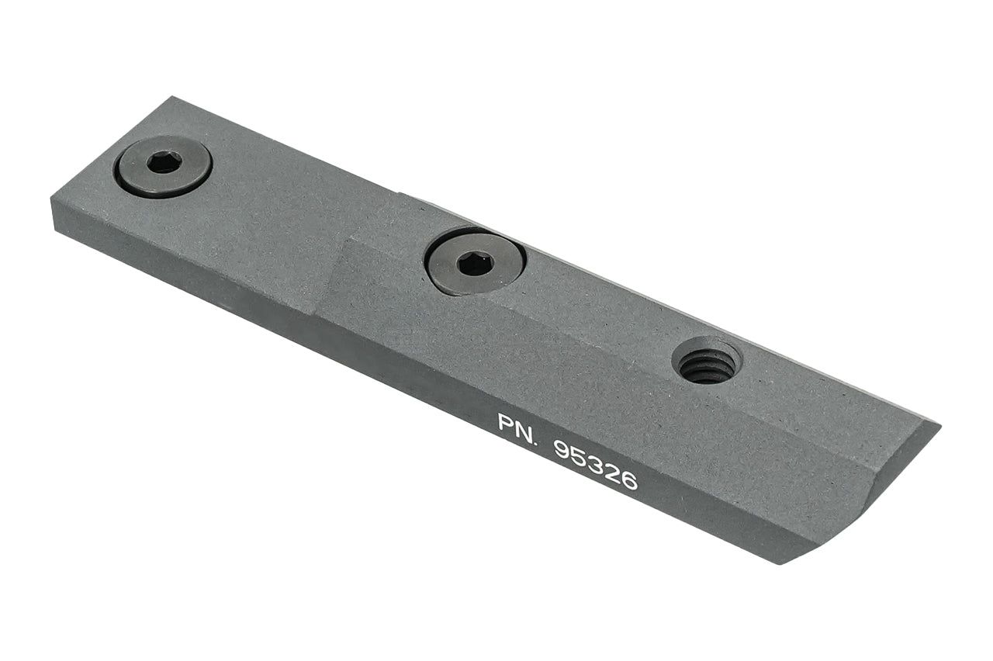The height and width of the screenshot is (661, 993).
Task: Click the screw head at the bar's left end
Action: click(163, 166)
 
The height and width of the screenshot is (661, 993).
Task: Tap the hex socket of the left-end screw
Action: click(164, 161)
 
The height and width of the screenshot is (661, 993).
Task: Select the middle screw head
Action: click(474, 264)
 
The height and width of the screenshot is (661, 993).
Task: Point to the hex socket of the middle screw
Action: click(474, 264)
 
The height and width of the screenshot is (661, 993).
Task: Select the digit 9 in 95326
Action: click(563, 449)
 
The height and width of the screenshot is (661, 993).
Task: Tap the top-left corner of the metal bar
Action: click(172, 98)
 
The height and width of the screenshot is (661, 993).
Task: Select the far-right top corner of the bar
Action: click(939, 425)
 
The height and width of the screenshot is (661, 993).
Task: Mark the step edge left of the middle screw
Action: click(330, 272)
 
